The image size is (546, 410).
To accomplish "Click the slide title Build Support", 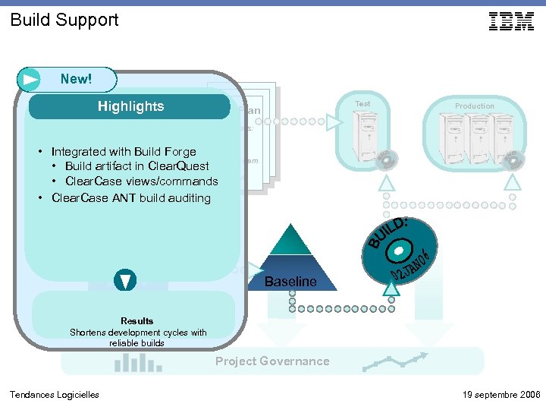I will [x=64, y=20].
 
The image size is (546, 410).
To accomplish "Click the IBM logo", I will [x=511, y=21].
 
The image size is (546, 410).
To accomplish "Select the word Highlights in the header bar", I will [x=130, y=106].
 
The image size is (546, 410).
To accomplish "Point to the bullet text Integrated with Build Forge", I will [x=124, y=152].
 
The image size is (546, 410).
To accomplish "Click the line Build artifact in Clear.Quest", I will [x=137, y=166].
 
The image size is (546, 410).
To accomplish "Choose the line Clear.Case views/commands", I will [x=142, y=181].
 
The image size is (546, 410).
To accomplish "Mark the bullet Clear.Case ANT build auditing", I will [x=130, y=198].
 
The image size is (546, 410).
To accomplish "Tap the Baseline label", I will [x=290, y=282].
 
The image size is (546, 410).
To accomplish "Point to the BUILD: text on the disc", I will [x=389, y=232].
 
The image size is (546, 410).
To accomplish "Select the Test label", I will [x=362, y=104].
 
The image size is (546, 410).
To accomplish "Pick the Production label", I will [x=475, y=106].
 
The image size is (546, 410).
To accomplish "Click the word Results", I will [x=136, y=321].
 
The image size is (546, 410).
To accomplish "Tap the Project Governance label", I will [x=272, y=361].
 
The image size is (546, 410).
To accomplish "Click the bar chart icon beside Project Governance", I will [x=128, y=364].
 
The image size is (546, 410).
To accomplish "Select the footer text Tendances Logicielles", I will [x=54, y=394].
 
